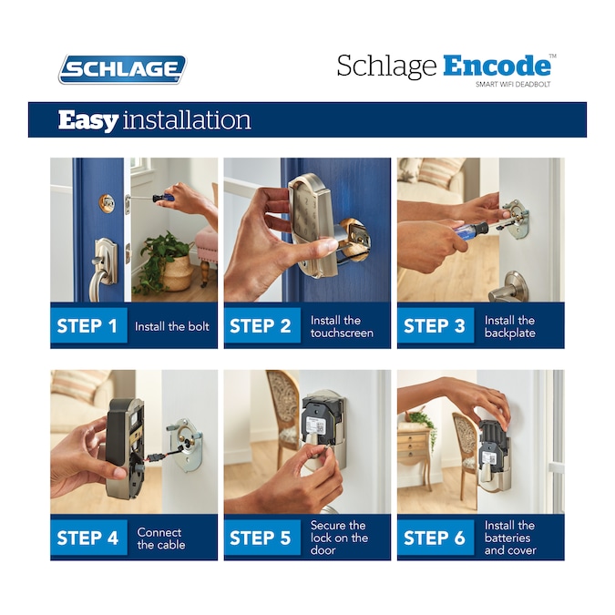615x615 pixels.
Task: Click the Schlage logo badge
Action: [x=122, y=69]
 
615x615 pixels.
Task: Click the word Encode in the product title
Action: [x=497, y=67]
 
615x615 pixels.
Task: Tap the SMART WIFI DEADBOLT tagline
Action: [x=513, y=85]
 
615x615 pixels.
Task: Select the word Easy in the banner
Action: [x=87, y=120]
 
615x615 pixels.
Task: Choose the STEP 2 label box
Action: [x=261, y=326]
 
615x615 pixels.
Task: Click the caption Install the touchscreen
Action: [x=341, y=326]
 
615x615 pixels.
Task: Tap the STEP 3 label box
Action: [x=435, y=326]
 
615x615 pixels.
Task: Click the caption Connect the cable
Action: [x=161, y=538]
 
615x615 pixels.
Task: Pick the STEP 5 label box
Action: [x=261, y=538]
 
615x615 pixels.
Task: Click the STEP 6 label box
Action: [x=435, y=538]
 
